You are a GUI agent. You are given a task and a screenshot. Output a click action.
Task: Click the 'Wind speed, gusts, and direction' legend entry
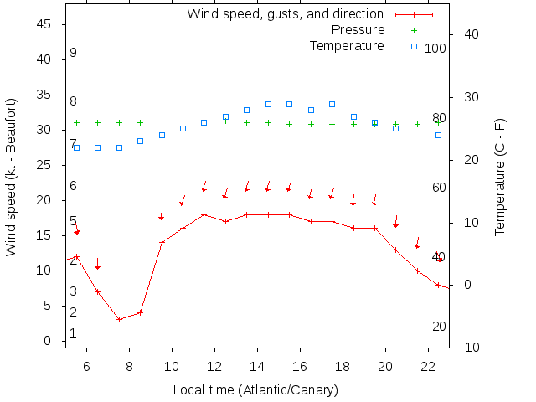click(285, 14)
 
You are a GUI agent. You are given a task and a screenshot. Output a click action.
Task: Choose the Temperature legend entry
click(347, 45)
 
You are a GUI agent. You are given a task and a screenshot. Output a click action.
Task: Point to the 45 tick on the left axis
click(45, 25)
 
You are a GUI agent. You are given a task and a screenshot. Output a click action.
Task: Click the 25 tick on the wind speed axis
click(45, 165)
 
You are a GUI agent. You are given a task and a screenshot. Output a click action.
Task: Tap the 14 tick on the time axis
click(257, 366)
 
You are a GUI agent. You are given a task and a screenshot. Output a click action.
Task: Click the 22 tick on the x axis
click(427, 366)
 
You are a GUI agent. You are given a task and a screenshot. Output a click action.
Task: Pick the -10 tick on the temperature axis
click(470, 347)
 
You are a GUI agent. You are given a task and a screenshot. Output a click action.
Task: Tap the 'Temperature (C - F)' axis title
click(500, 177)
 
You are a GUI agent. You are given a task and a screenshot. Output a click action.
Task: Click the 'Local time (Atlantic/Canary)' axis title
click(255, 389)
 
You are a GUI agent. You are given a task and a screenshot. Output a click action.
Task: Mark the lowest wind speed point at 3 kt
click(119, 319)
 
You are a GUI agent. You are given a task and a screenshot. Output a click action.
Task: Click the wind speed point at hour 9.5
click(162, 242)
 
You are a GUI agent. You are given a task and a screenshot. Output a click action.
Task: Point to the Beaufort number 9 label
click(74, 53)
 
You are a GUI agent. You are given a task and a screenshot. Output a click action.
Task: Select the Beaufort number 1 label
click(74, 333)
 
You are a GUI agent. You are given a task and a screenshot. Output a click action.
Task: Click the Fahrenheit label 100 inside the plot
click(435, 49)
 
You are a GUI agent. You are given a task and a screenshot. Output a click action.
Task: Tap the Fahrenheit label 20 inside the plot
click(439, 327)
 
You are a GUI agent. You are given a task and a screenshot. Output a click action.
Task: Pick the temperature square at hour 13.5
click(246, 110)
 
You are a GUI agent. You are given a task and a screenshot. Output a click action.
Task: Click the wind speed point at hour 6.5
click(98, 291)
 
